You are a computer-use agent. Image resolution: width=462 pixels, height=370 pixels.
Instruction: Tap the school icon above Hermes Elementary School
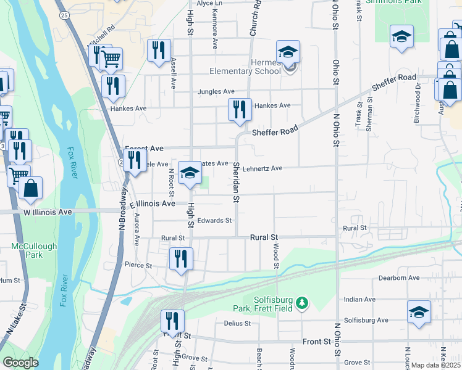coord(288,53)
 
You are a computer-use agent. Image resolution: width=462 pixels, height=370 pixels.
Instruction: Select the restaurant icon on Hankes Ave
coord(240,110)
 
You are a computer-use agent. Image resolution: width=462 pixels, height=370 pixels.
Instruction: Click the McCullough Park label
coord(34,250)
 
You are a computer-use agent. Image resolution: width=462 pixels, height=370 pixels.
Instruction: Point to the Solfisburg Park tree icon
coord(301,303)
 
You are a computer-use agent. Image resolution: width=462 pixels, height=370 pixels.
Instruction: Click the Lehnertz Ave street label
coord(262,168)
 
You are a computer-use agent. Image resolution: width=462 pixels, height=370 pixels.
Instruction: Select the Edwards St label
coord(214,220)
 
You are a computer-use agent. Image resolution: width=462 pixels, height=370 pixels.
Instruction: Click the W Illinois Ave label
coord(48,212)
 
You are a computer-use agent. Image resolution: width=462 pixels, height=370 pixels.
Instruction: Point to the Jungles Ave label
coord(216,92)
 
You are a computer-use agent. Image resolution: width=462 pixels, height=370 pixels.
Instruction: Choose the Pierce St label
coord(138,265)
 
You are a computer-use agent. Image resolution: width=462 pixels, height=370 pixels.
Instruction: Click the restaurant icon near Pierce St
coord(180,259)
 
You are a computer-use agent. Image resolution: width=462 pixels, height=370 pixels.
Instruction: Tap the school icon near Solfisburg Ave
coord(419,313)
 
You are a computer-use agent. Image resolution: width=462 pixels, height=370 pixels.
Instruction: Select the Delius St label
coord(237,323)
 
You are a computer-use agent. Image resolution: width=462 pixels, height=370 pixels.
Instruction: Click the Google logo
coord(20,363)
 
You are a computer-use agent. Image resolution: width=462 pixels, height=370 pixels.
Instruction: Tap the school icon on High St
coord(190,174)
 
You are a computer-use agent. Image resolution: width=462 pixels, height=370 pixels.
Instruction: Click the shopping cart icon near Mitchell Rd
coord(111,60)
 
